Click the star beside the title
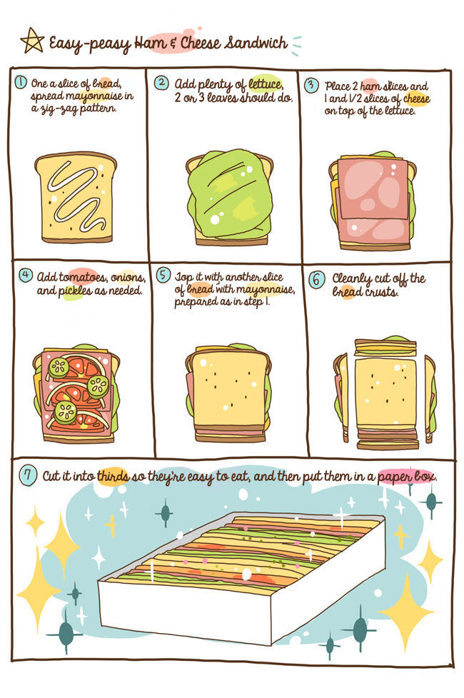click(x=33, y=41)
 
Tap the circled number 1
click(x=21, y=82)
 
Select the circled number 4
click(x=26, y=275)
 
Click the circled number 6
click(x=316, y=280)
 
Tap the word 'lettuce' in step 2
click(x=266, y=84)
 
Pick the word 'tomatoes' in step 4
click(x=84, y=278)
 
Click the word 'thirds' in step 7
click(x=113, y=475)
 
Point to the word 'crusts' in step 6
click(x=380, y=292)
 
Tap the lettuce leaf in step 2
click(x=230, y=193)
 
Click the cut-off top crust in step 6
click(x=385, y=347)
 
